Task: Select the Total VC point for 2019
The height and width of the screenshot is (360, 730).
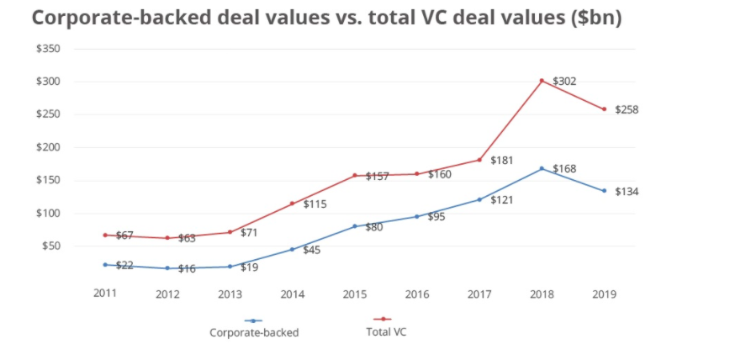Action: coord(604,109)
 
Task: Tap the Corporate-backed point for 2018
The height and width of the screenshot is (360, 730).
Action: coord(542,168)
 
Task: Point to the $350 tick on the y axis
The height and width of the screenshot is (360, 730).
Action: coord(47,49)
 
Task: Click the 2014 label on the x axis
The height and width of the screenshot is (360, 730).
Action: coord(292,294)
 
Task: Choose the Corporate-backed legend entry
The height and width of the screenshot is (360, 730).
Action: coord(254,331)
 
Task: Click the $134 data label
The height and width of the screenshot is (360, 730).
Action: coord(627,192)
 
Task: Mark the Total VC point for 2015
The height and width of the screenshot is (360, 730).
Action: coord(354,176)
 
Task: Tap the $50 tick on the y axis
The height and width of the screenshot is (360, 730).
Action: coord(50,246)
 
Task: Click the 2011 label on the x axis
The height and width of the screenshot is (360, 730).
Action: coord(105,294)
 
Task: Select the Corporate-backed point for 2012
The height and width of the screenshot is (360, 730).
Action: coord(167,268)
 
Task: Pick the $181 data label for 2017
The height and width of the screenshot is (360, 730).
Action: coord(501,160)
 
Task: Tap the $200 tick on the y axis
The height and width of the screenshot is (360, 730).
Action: coord(47,147)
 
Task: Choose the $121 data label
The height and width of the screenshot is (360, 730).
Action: coord(502,200)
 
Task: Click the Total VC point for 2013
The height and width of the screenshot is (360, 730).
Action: coord(230,232)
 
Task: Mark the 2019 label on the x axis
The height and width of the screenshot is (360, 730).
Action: coord(604,294)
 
